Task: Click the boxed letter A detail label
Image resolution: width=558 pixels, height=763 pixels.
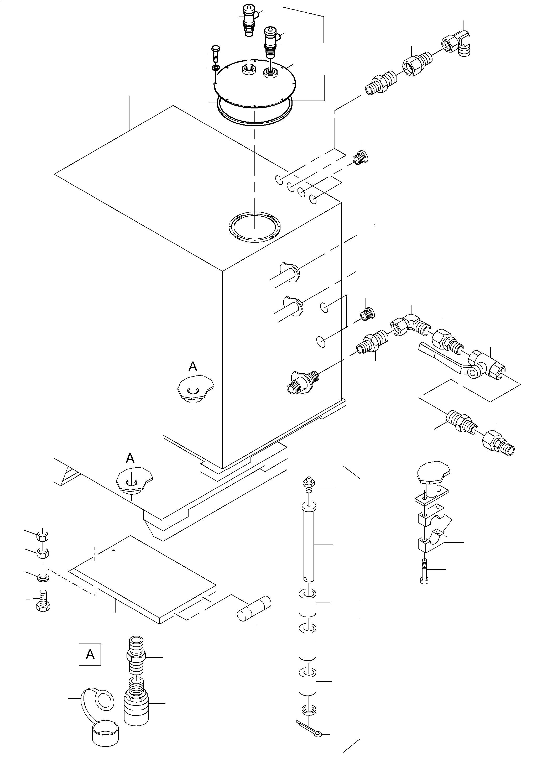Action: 90,654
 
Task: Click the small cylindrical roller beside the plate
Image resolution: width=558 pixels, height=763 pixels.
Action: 254,609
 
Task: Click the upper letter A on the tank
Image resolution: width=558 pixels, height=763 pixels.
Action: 192,367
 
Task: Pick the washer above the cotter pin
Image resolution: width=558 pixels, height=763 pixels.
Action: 308,710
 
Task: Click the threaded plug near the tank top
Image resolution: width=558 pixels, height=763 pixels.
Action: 361,157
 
